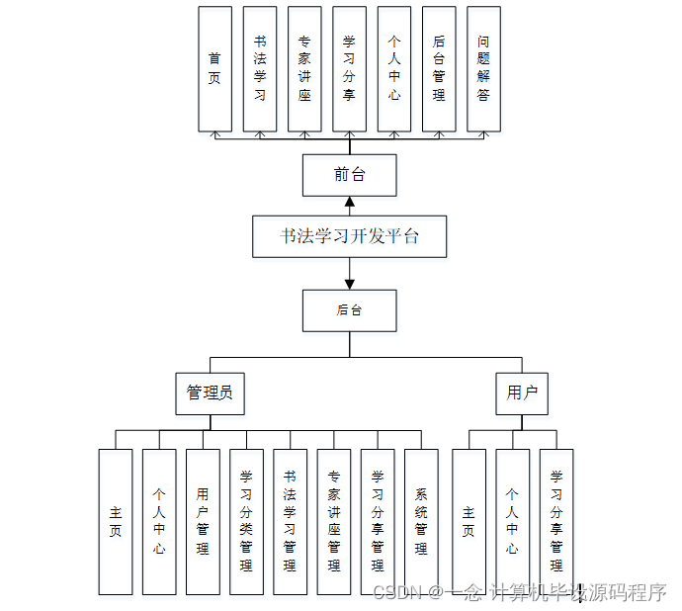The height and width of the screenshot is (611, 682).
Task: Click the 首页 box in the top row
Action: [x=214, y=69]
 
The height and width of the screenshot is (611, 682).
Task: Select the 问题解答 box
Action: [x=483, y=69]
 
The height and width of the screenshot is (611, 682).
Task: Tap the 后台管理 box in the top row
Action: [x=439, y=69]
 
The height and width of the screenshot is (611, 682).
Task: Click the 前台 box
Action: [x=349, y=176]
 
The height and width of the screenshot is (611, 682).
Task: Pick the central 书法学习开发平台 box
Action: [x=349, y=237]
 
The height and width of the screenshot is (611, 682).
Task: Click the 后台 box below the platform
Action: [x=349, y=310]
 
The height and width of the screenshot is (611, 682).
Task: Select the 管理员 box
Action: [x=210, y=393]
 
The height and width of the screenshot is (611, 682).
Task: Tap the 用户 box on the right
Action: [x=522, y=393]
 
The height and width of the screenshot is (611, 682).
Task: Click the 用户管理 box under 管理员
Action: [x=203, y=522]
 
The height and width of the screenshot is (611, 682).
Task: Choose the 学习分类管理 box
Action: [x=246, y=522]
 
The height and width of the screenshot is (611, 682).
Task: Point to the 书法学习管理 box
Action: [x=290, y=522]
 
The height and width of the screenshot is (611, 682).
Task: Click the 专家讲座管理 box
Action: [x=334, y=522]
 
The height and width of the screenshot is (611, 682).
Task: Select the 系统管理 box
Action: [x=421, y=522]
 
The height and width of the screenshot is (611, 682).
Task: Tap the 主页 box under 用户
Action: [x=469, y=522]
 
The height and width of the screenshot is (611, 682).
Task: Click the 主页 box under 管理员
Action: [x=116, y=522]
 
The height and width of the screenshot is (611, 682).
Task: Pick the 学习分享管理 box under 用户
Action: [x=556, y=522]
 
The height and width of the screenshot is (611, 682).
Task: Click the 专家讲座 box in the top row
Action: [x=304, y=69]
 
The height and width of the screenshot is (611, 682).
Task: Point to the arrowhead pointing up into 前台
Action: [x=349, y=203]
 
